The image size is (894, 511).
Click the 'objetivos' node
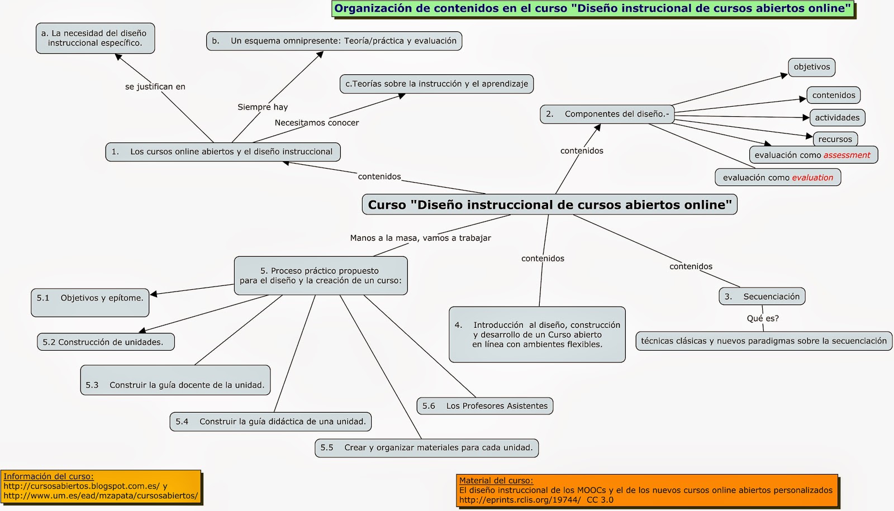click(811, 67)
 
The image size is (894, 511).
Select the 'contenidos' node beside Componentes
click(833, 95)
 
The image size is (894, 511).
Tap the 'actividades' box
click(837, 117)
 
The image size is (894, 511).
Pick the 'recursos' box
click(835, 139)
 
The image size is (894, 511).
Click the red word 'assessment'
click(847, 155)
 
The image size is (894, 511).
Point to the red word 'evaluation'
click(812, 178)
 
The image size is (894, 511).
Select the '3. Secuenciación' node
click(762, 297)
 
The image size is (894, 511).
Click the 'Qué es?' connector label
click(763, 318)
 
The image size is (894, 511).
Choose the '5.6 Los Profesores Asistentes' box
click(484, 406)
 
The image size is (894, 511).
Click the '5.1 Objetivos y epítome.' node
click(90, 298)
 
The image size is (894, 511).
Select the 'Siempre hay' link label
click(263, 107)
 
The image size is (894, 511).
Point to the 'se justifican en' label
click(155, 87)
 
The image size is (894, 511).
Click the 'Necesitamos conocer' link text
click(317, 123)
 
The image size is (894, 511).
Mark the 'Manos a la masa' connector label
click(420, 238)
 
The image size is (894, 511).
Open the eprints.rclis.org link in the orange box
click(520, 500)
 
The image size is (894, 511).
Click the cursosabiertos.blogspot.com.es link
click(81, 486)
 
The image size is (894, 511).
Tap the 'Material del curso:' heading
click(496, 480)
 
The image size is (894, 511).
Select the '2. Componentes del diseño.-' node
click(607, 114)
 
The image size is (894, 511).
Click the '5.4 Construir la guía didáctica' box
click(270, 422)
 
